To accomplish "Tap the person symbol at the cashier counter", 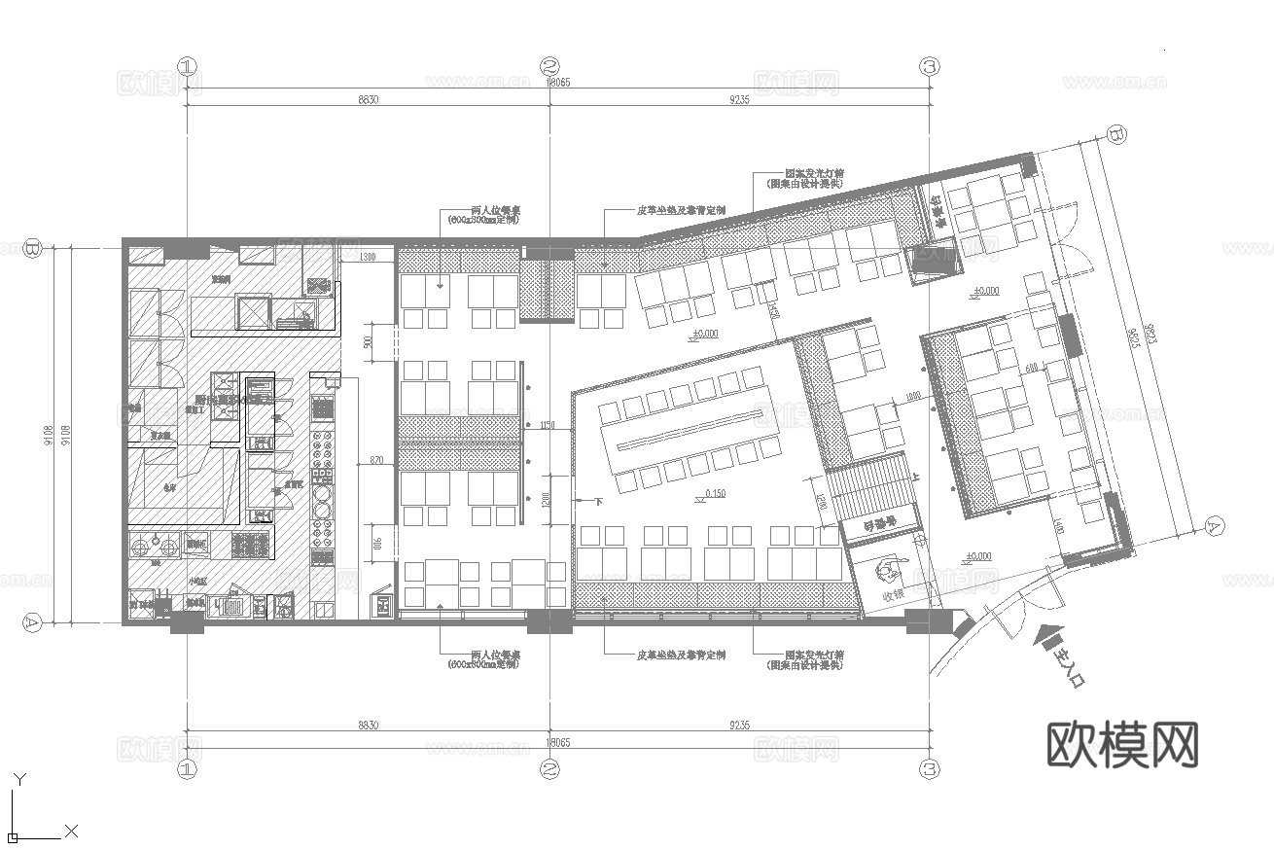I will click(x=888, y=570).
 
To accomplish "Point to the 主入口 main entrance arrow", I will click(x=1047, y=639).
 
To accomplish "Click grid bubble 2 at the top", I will click(x=550, y=66).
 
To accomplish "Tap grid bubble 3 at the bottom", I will click(x=930, y=769).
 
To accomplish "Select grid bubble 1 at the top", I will click(x=187, y=66).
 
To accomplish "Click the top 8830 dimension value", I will click(x=368, y=99).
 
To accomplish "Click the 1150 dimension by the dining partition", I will click(x=546, y=425).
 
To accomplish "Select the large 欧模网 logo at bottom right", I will click(x=1121, y=745).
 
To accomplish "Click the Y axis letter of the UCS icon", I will click(x=19, y=778).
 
